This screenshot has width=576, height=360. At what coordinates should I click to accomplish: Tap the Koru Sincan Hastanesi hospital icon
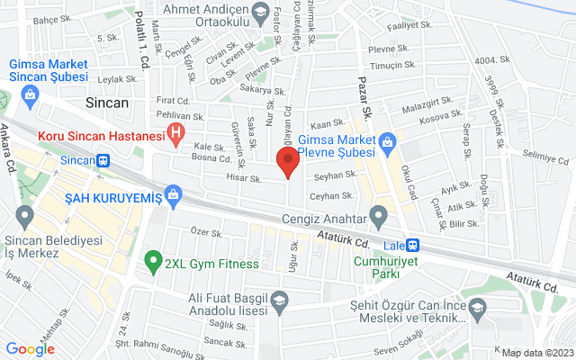click(176, 136)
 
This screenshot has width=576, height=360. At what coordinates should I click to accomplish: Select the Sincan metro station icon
click(104, 161)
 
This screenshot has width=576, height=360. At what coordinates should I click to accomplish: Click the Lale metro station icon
click(412, 244)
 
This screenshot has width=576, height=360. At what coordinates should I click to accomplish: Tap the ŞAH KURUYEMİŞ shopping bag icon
click(175, 194)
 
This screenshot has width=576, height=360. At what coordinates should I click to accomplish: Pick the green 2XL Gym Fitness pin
click(152, 263)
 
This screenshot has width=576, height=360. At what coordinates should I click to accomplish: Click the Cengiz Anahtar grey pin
click(379, 217)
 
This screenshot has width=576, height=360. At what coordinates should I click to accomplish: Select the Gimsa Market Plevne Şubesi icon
click(387, 140)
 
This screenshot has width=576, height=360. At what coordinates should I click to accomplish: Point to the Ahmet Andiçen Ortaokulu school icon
click(261, 12)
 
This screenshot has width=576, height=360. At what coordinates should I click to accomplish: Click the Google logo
click(30, 349)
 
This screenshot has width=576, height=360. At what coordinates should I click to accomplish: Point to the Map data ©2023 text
click(536, 353)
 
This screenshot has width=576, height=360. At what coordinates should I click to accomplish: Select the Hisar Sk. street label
click(244, 179)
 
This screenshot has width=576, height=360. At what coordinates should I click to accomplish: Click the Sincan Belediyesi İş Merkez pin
click(23, 216)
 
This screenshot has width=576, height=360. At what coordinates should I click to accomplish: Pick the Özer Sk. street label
click(206, 232)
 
